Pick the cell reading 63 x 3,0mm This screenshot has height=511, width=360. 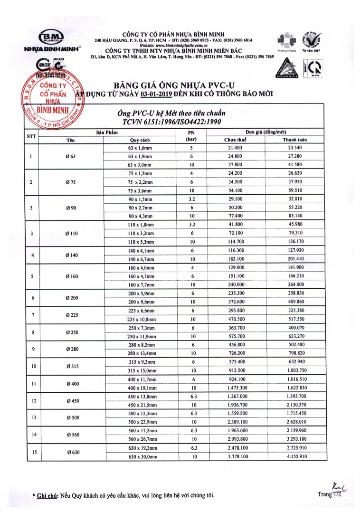pyautogui.click(x=140, y=164)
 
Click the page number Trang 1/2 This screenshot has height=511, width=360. pyautogui.click(x=329, y=494)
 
